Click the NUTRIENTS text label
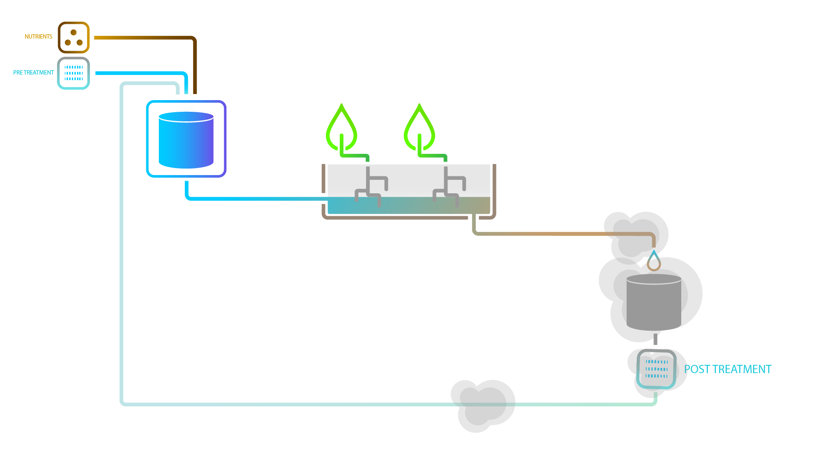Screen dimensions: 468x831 pos(39,37)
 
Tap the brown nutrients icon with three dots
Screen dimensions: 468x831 pos(74,38)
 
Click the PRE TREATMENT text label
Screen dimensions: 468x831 pos(33,72)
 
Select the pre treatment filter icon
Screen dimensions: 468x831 pos(74,73)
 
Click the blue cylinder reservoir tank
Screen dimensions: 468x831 pos(186,140)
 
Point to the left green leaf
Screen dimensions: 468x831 pos(341,128)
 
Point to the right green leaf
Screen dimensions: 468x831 pos(419,128)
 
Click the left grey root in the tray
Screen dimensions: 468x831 pos(370,186)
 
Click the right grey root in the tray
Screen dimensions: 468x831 pos(448,186)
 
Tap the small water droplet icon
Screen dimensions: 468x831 pos(654,261)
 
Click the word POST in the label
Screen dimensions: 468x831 pos(697,369)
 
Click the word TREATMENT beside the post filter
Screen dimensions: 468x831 pos(742,369)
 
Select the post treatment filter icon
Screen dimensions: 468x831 pos(656,370)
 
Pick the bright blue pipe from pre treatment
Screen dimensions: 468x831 pos(138,73)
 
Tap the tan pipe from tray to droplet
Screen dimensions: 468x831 pos(563,234)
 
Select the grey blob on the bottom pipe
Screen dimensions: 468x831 pos(483,405)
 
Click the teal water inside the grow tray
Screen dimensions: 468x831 pos(407,205)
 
